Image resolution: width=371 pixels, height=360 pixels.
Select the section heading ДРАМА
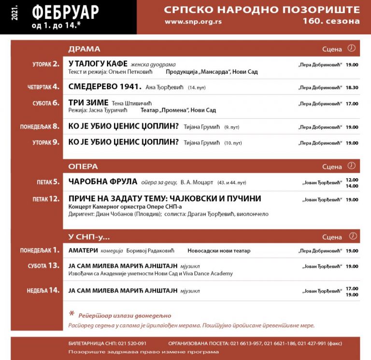coord(84,49)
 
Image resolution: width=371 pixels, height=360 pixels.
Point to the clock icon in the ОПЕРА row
coord(352,166)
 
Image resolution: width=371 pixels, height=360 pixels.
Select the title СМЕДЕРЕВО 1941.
coord(105,87)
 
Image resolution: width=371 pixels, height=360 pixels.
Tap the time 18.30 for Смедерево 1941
coord(352,88)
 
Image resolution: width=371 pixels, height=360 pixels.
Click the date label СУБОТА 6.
coord(46,103)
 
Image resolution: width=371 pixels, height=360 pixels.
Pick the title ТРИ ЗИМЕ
coord(88,103)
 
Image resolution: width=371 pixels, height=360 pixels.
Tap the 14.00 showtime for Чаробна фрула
coord(352,186)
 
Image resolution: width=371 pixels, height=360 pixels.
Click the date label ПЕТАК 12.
coord(48,199)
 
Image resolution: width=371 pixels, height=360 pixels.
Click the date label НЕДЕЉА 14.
coord(44,291)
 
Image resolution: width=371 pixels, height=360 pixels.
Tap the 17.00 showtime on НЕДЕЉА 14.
coord(352,289)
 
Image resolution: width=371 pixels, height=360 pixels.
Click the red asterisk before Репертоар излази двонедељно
coord(72,314)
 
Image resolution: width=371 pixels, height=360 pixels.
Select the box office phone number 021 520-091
coord(130,343)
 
